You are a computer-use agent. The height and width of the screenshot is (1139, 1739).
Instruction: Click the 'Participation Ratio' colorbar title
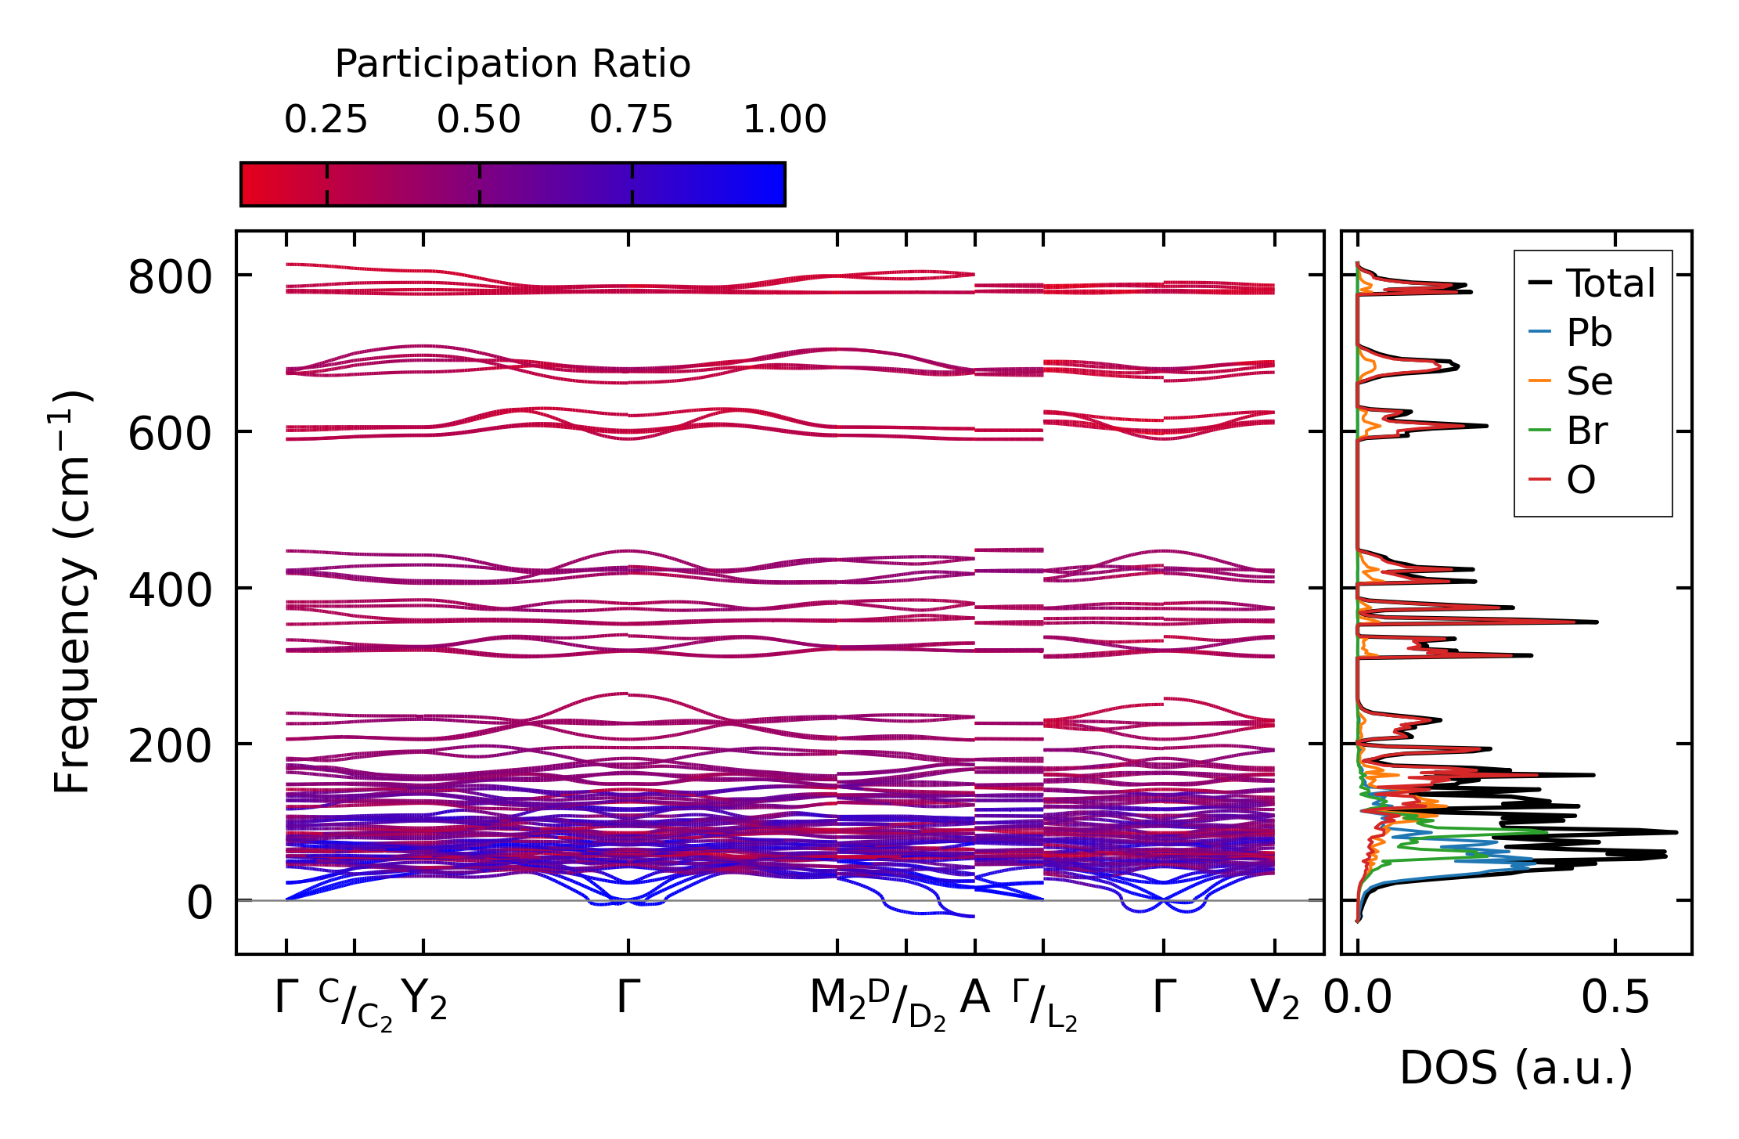(513, 64)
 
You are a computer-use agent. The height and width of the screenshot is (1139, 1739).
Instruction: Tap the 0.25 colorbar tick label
(326, 120)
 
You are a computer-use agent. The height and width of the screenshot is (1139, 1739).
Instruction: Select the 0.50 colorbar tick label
(479, 120)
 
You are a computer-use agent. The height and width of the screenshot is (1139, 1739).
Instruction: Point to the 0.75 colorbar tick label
(632, 120)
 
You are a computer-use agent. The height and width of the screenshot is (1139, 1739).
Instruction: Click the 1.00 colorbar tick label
(784, 120)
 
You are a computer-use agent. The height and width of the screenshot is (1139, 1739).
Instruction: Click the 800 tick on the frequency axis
(170, 278)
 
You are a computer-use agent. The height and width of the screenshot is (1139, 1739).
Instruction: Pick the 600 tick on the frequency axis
(170, 434)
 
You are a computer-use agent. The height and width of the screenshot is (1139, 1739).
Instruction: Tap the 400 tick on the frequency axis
(170, 590)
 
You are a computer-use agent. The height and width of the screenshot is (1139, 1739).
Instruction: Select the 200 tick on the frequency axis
(170, 746)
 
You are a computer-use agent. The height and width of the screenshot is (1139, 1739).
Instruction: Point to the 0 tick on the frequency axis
(200, 903)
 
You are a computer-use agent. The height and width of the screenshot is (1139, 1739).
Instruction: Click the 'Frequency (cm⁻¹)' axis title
(72, 592)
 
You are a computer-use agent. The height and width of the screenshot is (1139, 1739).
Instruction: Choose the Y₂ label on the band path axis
(424, 1000)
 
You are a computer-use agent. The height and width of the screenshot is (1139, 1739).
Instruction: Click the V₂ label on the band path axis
(1275, 1000)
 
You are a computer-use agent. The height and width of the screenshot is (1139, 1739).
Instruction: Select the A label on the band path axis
(974, 998)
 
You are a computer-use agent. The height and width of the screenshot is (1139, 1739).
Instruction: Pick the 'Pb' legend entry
(1589, 333)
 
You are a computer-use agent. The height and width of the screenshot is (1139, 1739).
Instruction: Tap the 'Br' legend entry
(1586, 431)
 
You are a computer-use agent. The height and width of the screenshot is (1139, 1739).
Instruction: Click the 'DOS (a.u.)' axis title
(1516, 1069)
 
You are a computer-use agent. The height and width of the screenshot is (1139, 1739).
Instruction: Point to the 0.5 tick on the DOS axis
(1615, 999)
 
